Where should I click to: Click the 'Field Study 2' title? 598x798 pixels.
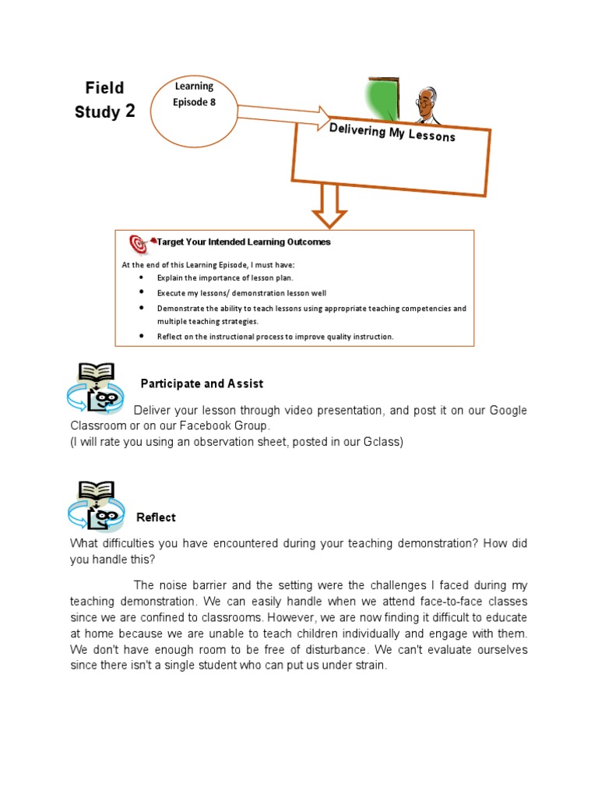click(x=104, y=100)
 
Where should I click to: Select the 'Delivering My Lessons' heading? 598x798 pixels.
click(x=392, y=132)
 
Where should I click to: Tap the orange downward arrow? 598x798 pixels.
click(x=329, y=205)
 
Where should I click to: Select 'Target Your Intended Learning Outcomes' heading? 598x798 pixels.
click(x=244, y=242)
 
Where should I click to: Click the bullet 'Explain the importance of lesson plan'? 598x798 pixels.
click(x=225, y=277)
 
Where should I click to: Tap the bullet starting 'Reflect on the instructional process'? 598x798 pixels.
click(x=275, y=337)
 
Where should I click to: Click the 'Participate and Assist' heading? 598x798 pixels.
click(x=202, y=383)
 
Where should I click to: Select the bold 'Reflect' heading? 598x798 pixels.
click(x=156, y=517)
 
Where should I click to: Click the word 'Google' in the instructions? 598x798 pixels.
click(x=508, y=411)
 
